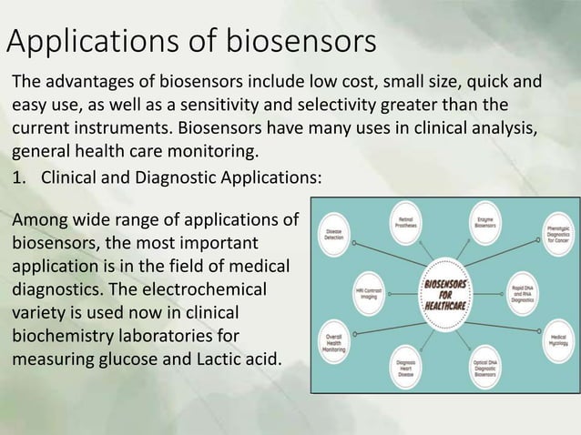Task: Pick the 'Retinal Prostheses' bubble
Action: (405, 221)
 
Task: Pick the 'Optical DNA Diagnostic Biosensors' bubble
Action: (486, 368)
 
